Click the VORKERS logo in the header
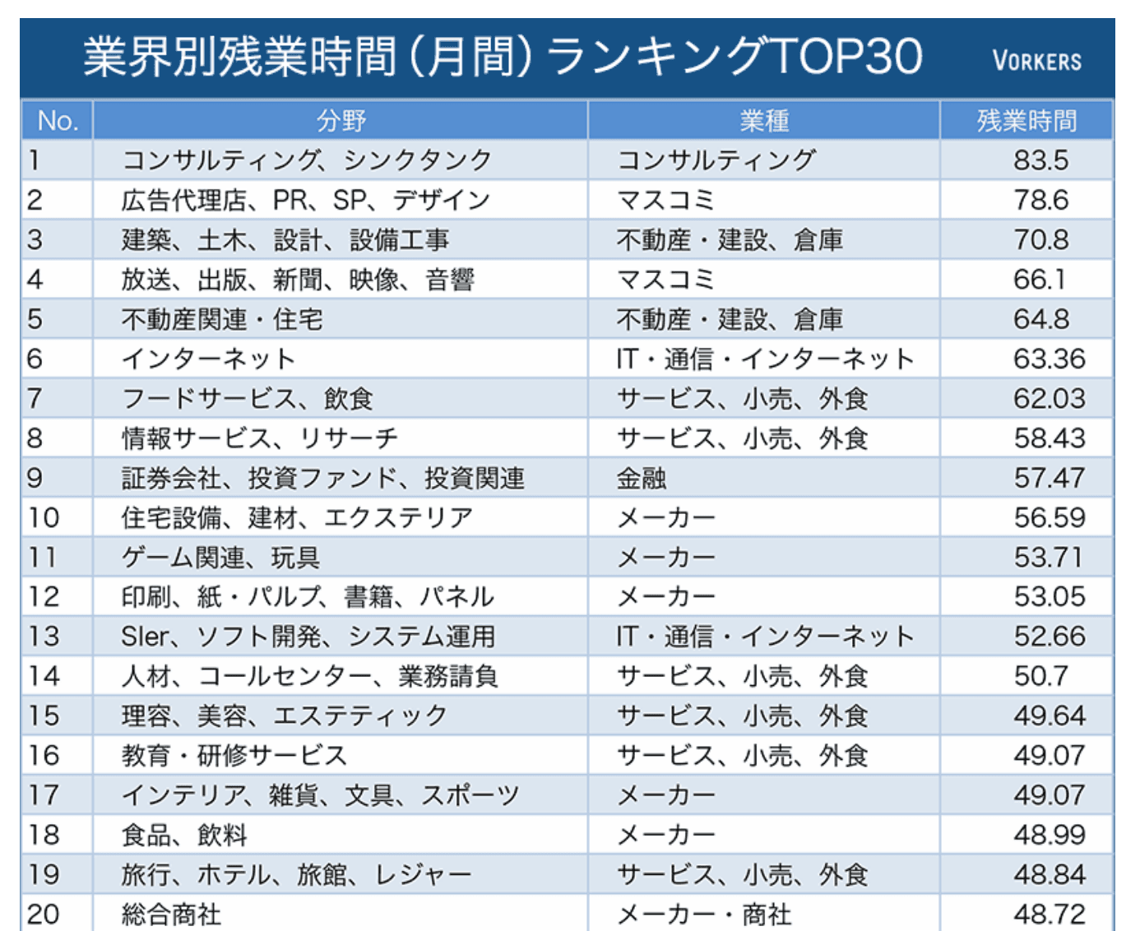coord(1036,61)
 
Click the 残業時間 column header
coord(1026,121)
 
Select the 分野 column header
coord(341,121)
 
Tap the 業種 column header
coord(763,121)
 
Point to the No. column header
coord(57,121)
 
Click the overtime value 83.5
coord(1040,160)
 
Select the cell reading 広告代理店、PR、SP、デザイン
coord(305,200)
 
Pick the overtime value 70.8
coord(1040,239)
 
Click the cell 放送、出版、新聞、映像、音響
coord(298,280)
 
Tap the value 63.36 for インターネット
coord(1049,359)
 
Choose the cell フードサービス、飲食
coord(247,399)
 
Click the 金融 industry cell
coord(642,478)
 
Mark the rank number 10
coord(44,517)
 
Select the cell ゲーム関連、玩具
coord(220,558)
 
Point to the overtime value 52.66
coord(1049,637)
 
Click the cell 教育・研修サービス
coord(234,755)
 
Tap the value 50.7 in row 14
coord(1040,676)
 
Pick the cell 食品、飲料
coord(184,835)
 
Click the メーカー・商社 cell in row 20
coord(704,914)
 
